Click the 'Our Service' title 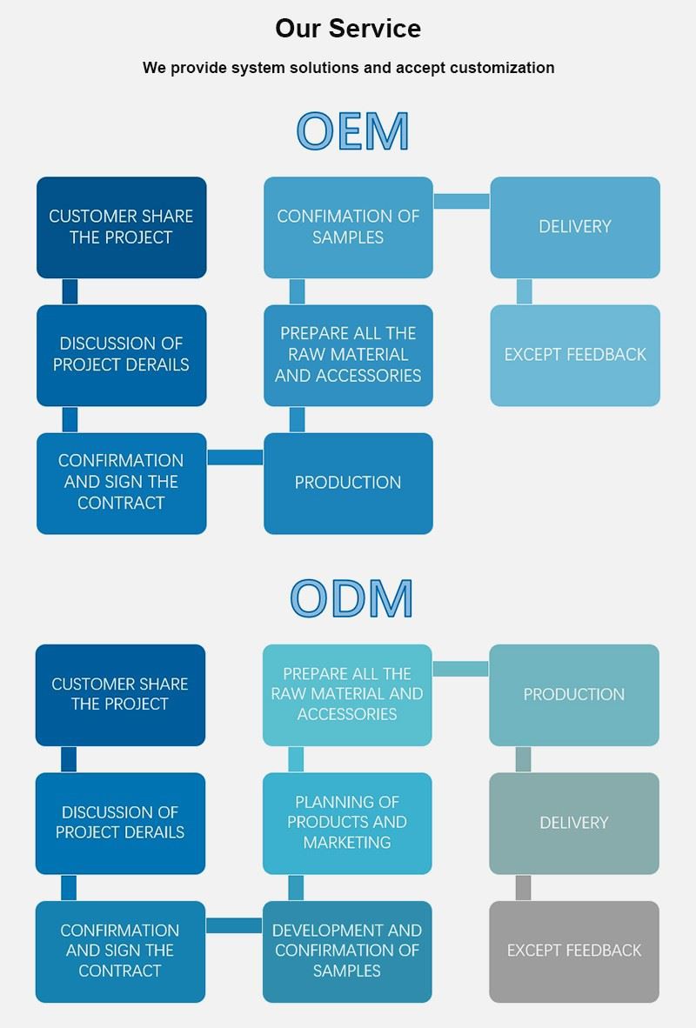[348, 28]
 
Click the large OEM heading [353, 130]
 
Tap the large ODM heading [351, 597]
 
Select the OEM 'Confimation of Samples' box [348, 227]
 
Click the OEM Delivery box [575, 227]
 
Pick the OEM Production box [348, 484]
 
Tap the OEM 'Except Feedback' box [575, 356]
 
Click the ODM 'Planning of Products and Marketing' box [347, 823]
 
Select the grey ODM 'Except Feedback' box [574, 951]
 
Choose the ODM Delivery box [574, 823]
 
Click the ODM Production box [574, 695]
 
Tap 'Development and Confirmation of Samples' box [347, 951]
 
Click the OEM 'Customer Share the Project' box [121, 227]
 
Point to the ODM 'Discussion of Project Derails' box [120, 823]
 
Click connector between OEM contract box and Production [235, 457]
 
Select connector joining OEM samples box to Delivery [461, 201]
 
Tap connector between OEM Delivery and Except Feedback [524, 291]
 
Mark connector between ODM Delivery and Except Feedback [523, 888]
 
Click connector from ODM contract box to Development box [233, 925]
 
